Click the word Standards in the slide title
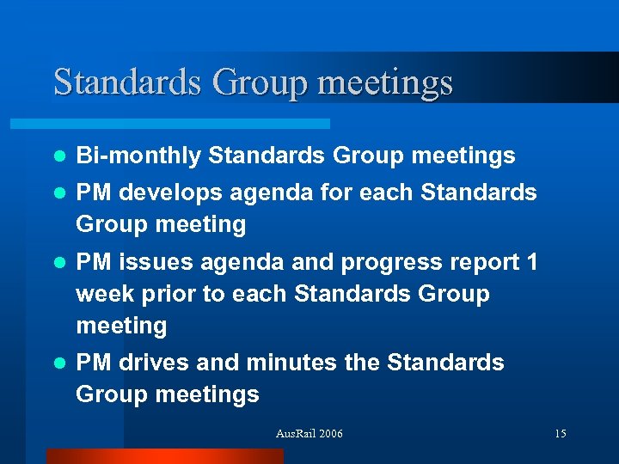126,82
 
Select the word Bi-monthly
138,156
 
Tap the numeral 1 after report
531,261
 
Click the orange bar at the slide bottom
164,456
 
